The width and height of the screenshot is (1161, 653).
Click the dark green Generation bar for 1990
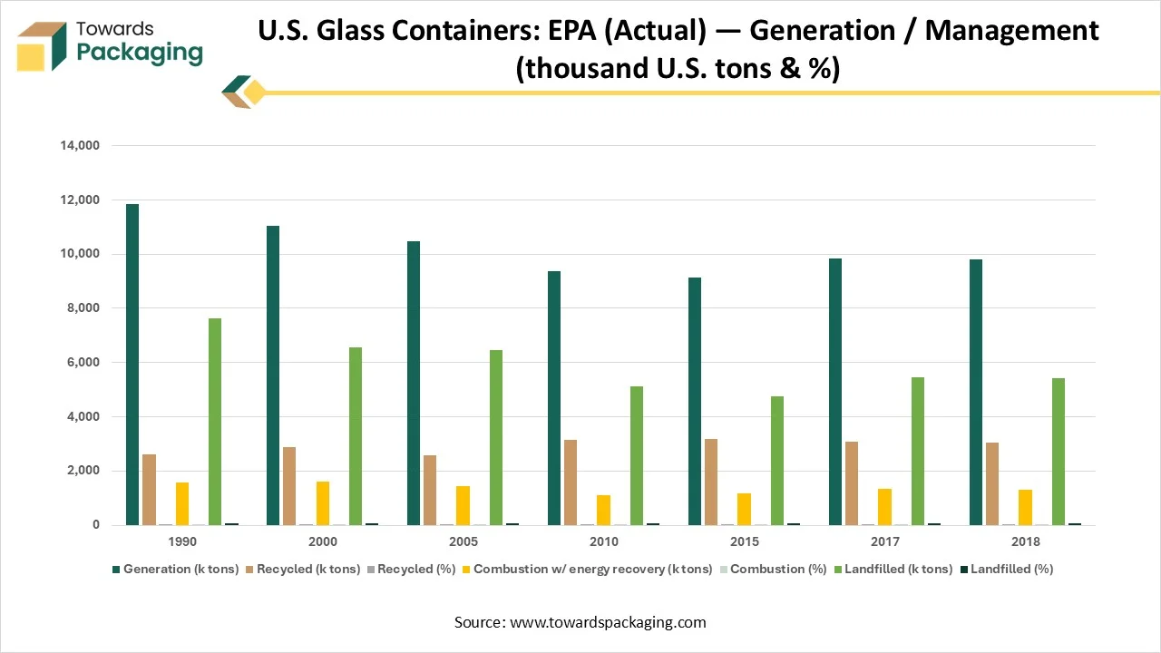132,365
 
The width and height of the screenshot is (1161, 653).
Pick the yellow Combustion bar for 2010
603,510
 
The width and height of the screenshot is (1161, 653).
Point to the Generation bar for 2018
976,392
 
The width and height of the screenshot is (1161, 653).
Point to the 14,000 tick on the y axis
81,145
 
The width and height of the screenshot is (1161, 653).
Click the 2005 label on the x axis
463,541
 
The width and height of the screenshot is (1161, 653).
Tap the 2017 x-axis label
884,541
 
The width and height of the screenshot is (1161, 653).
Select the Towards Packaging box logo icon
44,46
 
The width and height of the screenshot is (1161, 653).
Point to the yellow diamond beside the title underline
255,93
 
